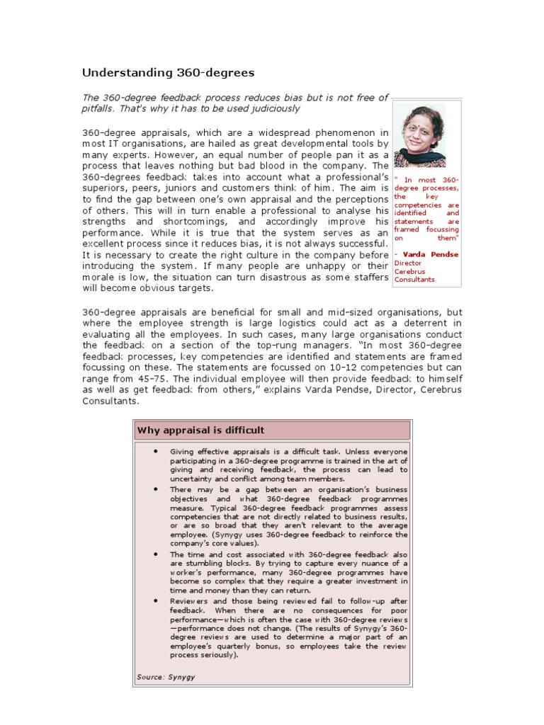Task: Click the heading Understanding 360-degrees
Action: point(168,73)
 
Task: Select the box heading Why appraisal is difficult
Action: point(200,430)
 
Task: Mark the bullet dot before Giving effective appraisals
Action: point(154,450)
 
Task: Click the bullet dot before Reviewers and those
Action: point(154,600)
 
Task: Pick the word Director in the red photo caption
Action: point(408,263)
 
